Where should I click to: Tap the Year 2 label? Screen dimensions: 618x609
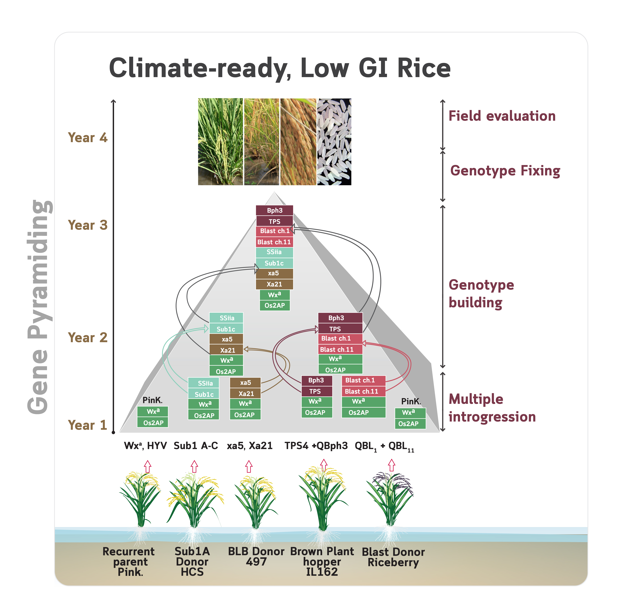click(x=88, y=338)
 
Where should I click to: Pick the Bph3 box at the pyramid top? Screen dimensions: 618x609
click(x=274, y=210)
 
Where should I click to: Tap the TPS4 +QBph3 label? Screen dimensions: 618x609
click(x=316, y=446)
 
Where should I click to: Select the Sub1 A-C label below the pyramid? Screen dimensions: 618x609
click(x=196, y=446)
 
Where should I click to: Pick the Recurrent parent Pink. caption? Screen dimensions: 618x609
click(x=129, y=562)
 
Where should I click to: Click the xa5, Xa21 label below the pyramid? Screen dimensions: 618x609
click(x=249, y=446)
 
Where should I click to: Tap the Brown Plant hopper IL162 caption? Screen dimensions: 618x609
click(x=322, y=562)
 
